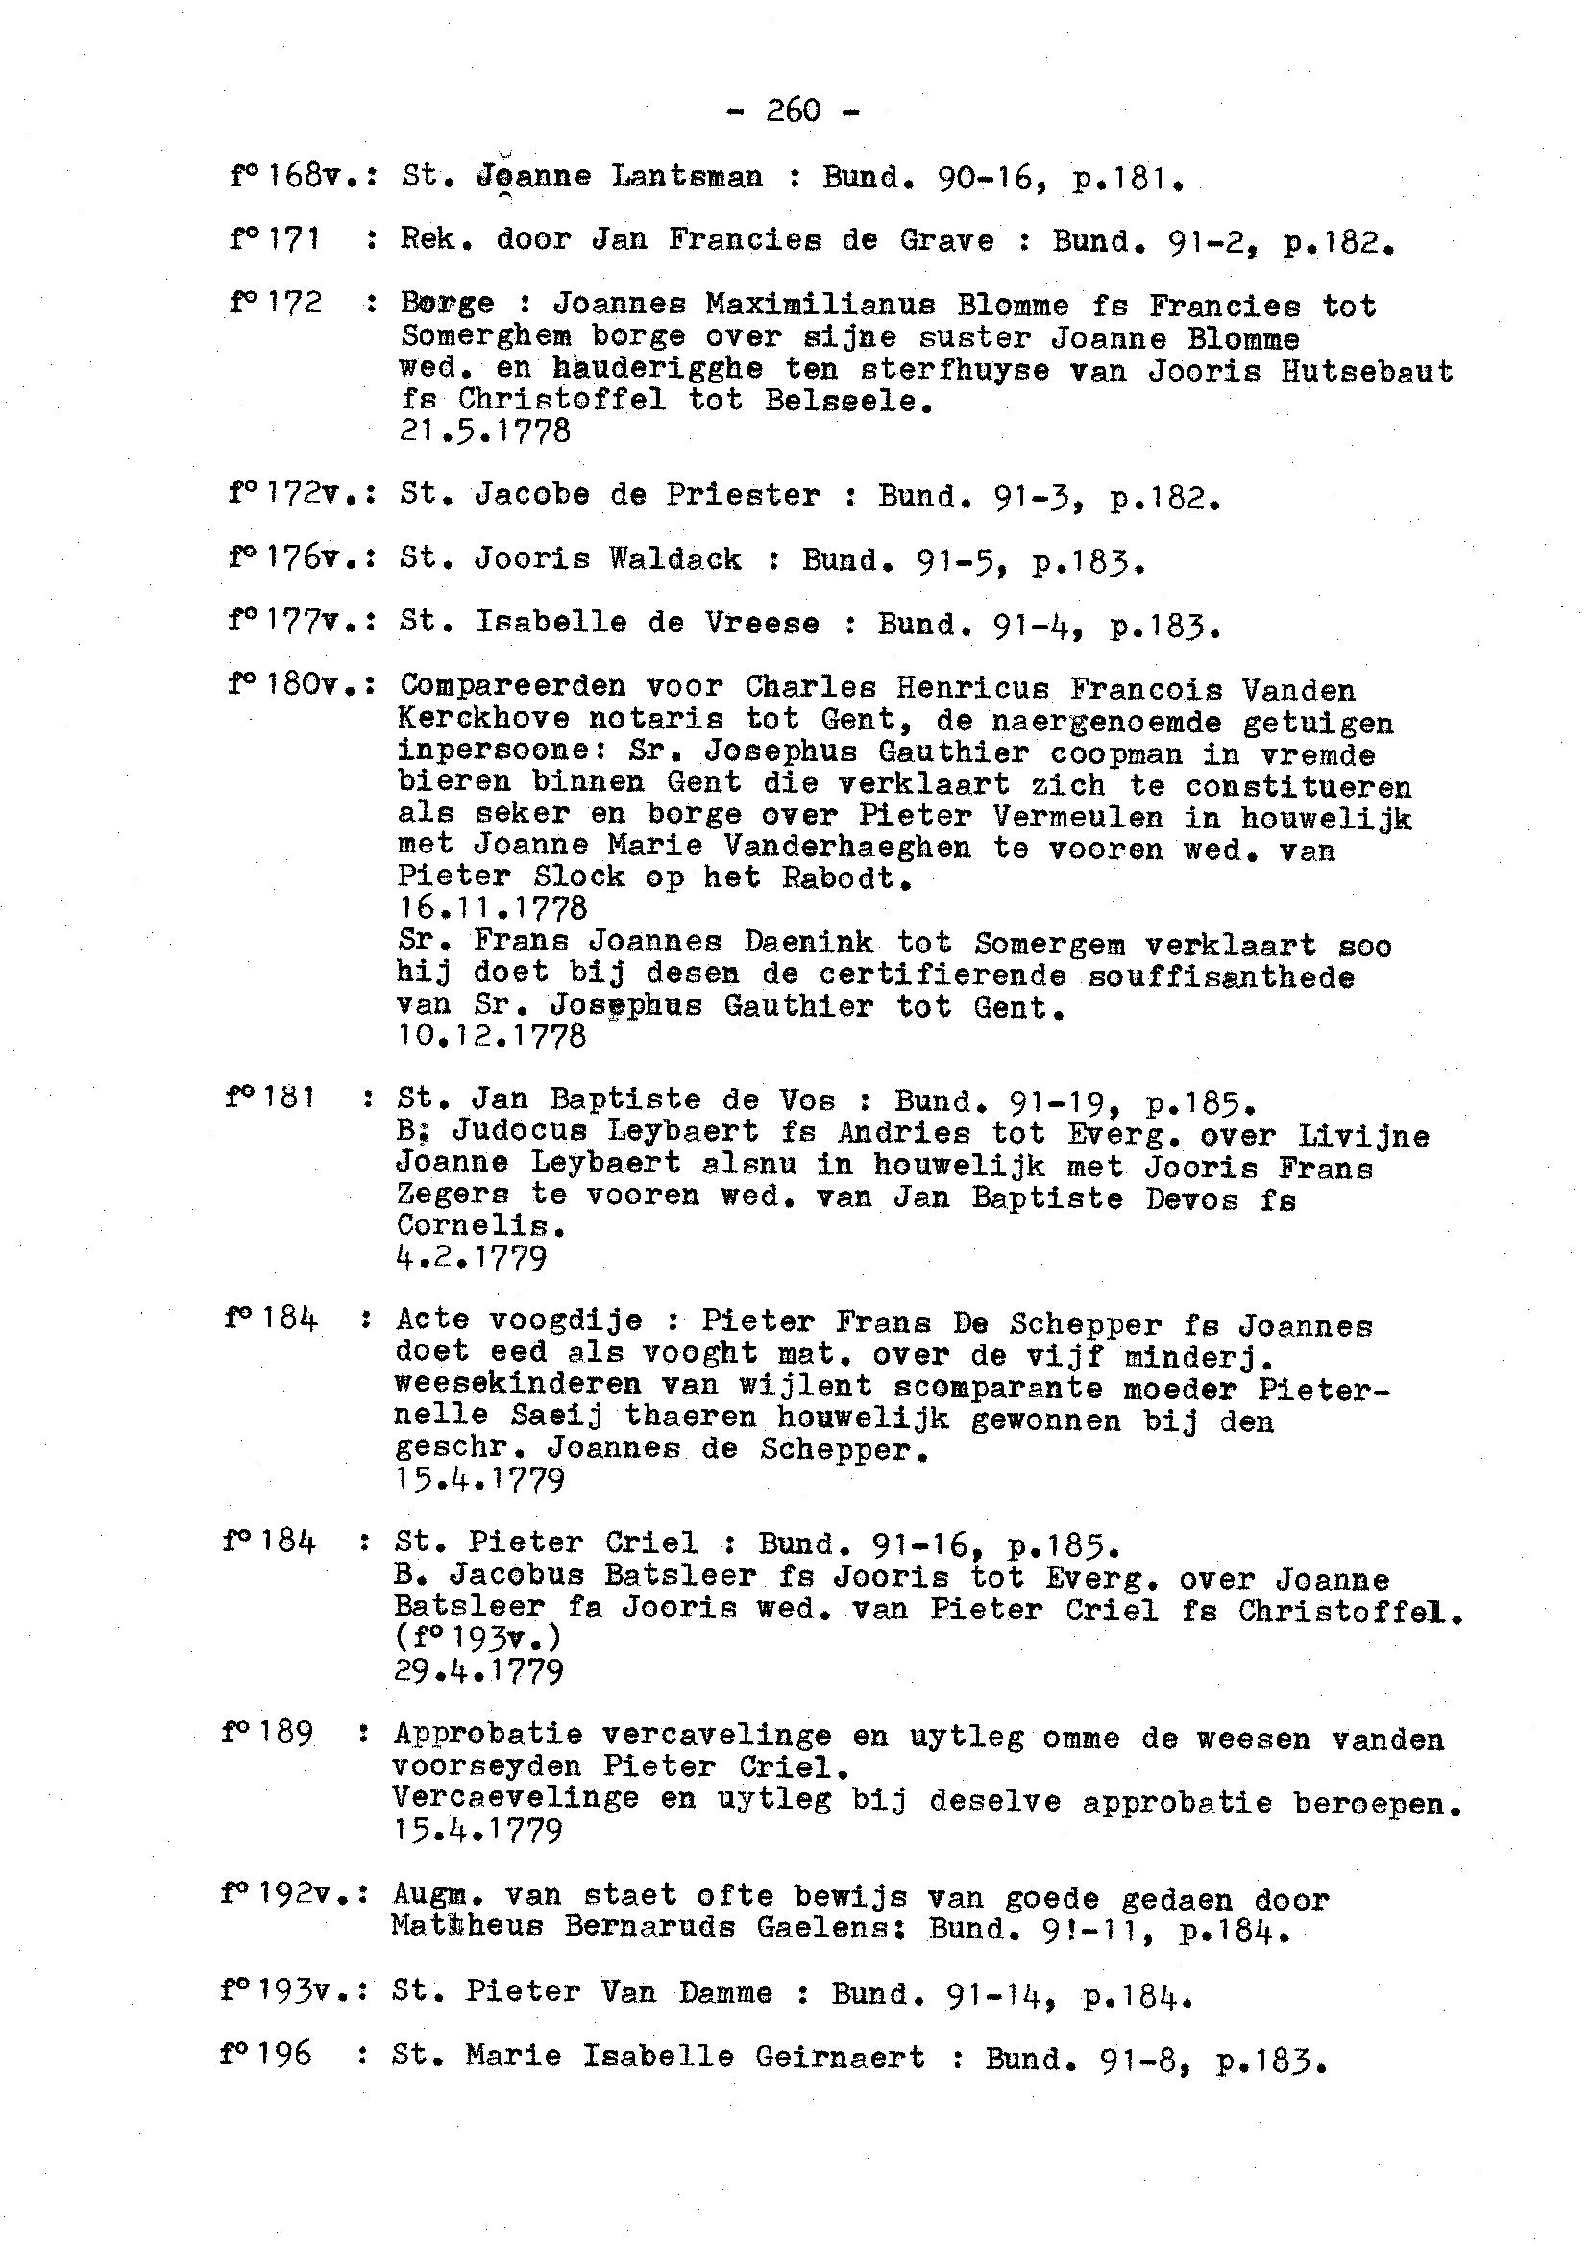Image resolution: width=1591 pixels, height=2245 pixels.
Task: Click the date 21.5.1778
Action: [485, 432]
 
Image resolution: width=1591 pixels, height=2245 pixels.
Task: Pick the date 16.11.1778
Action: [492, 907]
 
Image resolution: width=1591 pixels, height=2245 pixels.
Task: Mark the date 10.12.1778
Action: [492, 1036]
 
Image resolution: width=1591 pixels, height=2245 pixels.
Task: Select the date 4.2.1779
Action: [470, 1257]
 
